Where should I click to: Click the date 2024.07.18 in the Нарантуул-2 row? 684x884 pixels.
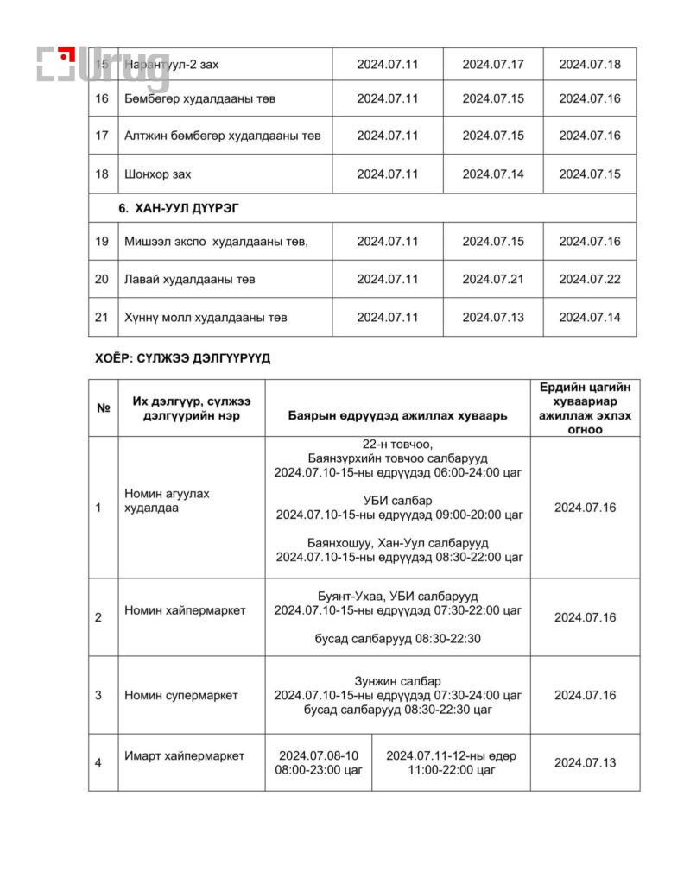tap(589, 64)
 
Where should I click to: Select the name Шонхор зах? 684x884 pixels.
tap(158, 174)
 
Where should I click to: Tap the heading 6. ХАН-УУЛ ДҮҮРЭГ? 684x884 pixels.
tap(179, 209)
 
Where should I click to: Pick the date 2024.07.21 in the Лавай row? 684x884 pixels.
tap(492, 279)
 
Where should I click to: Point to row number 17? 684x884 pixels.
tap(102, 136)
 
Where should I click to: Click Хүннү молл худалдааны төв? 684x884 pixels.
tap(206, 317)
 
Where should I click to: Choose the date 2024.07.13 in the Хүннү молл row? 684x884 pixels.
tap(492, 317)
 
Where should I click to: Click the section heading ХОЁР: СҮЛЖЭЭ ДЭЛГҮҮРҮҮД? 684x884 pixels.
tap(182, 358)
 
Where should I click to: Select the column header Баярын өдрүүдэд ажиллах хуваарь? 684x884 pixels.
tap(397, 415)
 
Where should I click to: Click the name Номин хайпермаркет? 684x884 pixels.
tap(185, 610)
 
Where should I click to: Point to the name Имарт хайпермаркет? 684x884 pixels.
tap(184, 756)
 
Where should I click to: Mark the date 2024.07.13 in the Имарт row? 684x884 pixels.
tap(585, 762)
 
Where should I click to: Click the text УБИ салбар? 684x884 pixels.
tap(398, 501)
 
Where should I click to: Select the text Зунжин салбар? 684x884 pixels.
tap(397, 680)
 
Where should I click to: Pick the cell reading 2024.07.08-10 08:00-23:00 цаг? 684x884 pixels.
tap(318, 762)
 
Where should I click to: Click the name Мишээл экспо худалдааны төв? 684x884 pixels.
tap(216, 241)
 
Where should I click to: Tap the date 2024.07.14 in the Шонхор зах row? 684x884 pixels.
tap(492, 174)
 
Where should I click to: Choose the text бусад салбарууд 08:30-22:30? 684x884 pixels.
tap(397, 639)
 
